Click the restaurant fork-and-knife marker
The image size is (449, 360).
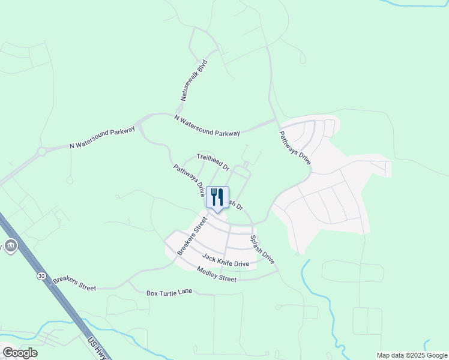pos(217,197)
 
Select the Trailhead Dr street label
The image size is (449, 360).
pos(213,161)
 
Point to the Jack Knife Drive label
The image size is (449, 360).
pos(225,260)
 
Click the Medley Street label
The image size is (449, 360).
pos(217,274)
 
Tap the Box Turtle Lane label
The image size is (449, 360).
pos(169,292)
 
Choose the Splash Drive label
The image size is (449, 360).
pos(262,250)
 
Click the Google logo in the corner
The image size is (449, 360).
pos(20,352)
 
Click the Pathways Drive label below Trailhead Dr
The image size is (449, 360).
pos(188,181)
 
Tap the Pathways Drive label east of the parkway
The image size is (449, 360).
pos(295,148)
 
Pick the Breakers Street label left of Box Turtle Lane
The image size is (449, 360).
pos(74,284)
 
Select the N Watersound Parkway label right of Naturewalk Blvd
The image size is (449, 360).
pos(207,125)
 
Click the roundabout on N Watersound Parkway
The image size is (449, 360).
pos(41,152)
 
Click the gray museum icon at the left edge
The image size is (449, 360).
pos(10,246)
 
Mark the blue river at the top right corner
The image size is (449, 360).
pos(420,4)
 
